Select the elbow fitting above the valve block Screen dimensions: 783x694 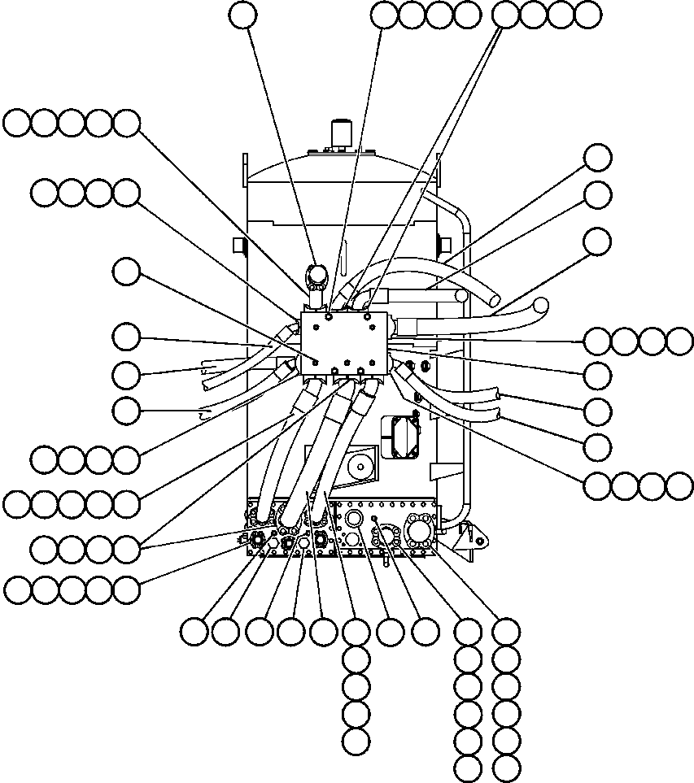click(x=316, y=276)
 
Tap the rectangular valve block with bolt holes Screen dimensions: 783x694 click(x=346, y=342)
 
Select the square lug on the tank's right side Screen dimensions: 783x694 click(x=444, y=244)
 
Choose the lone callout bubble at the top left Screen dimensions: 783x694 click(x=242, y=14)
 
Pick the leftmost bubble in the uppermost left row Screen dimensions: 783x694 click(x=16, y=124)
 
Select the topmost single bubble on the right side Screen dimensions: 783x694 click(x=598, y=158)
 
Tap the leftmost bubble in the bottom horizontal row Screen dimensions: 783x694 click(x=194, y=631)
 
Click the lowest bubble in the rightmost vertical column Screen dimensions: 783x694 click(x=506, y=767)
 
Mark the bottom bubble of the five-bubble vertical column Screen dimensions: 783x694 click(x=356, y=741)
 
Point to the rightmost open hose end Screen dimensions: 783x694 click(x=539, y=307)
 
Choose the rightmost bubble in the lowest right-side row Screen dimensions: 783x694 click(x=680, y=485)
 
